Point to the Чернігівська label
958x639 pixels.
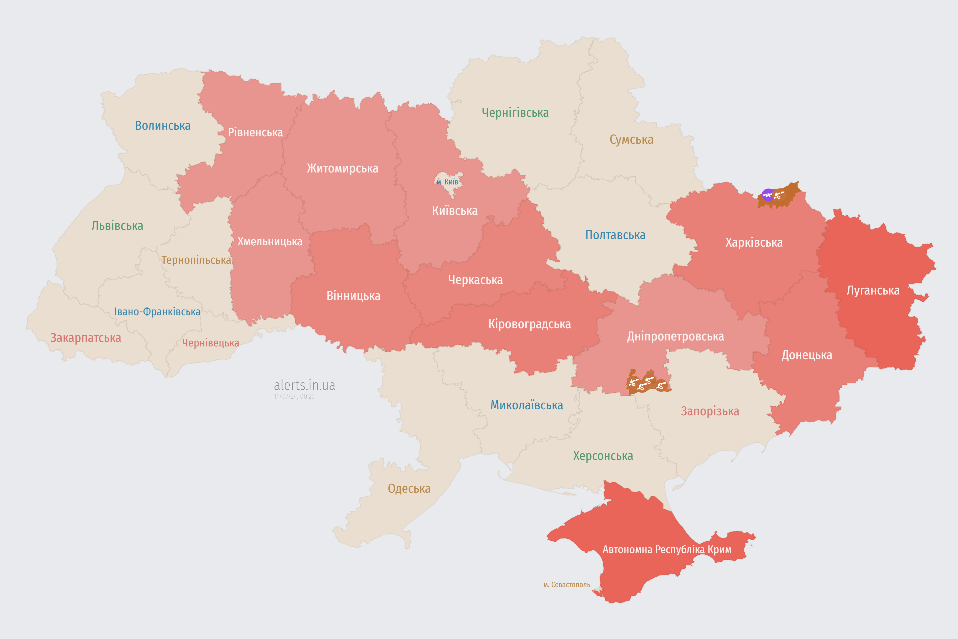pyautogui.click(x=515, y=113)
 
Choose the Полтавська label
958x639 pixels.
pyautogui.click(x=615, y=235)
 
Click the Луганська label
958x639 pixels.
pyautogui.click(x=873, y=291)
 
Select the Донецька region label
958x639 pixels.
pyautogui.click(x=807, y=355)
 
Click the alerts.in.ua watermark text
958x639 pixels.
pyautogui.click(x=304, y=385)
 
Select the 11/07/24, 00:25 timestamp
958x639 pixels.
pyautogui.click(x=294, y=397)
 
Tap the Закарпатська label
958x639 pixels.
pyautogui.click(x=86, y=338)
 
